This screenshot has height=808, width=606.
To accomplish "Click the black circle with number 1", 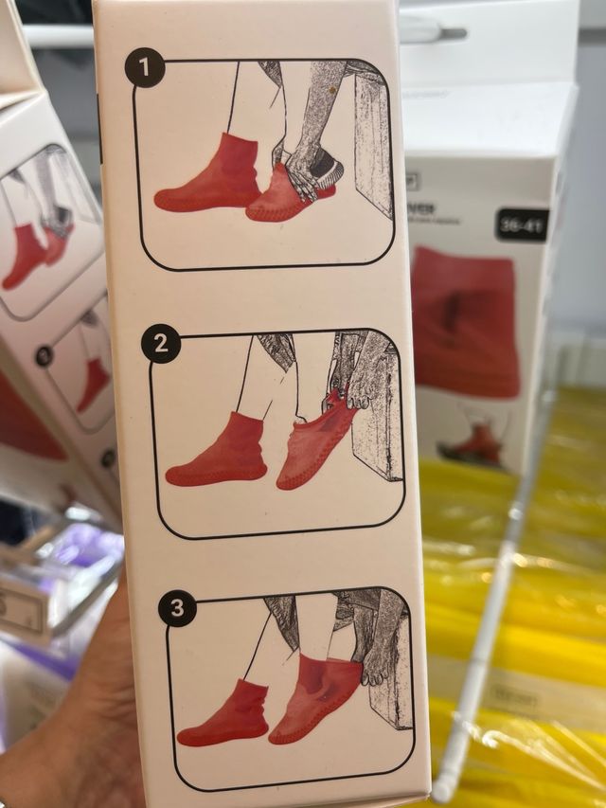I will coord(145,69).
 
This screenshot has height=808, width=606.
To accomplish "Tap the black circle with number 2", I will coord(161,345).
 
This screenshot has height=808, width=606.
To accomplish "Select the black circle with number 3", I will coord(177,607).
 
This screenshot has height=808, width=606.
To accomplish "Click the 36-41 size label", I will coord(522,224).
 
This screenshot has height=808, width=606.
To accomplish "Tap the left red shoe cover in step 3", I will coord(225,715).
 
